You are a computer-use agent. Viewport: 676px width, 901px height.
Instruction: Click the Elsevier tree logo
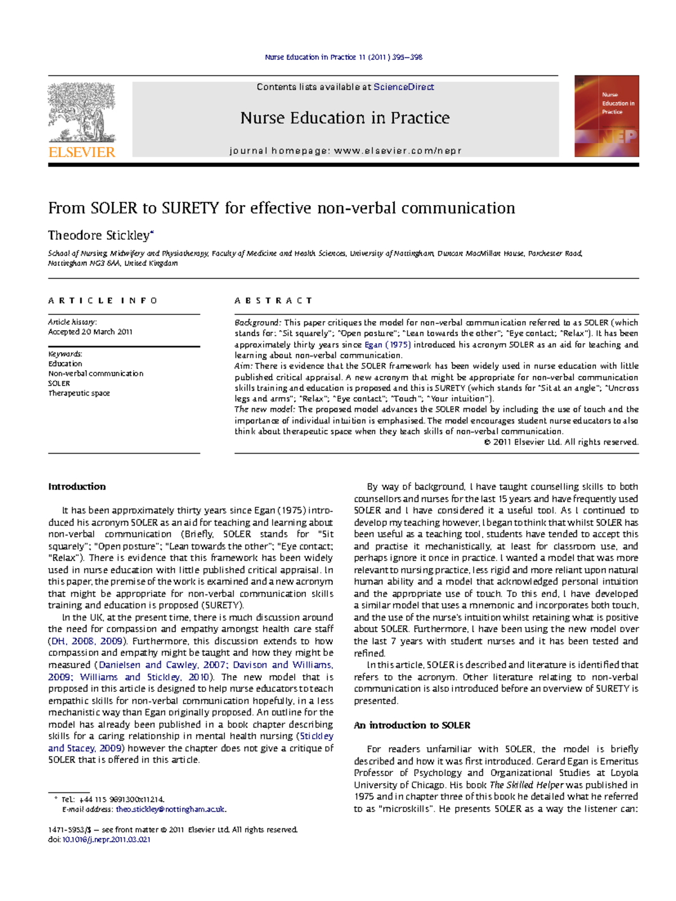(82, 113)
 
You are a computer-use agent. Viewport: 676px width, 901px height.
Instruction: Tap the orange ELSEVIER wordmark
(82, 152)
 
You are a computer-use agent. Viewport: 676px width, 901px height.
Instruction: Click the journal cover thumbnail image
(606, 116)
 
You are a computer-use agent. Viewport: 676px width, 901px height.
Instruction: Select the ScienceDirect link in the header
(403, 87)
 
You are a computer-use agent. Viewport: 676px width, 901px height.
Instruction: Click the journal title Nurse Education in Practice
(345, 118)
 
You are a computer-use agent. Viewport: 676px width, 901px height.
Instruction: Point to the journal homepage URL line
(345, 151)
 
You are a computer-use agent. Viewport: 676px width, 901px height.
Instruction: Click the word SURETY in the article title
(190, 208)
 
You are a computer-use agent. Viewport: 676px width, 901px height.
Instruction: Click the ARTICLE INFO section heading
(103, 301)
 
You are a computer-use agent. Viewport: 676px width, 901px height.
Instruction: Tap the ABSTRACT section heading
(273, 301)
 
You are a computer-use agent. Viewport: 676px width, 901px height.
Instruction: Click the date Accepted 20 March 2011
(90, 332)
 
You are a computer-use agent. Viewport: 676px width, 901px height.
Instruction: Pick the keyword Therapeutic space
(79, 393)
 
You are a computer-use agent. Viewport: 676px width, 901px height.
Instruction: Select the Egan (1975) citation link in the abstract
(388, 345)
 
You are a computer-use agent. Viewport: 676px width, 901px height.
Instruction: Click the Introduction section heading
(77, 487)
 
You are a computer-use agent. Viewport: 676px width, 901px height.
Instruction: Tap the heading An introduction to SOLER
(412, 726)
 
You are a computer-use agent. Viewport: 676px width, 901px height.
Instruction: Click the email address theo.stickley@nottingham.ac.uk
(171, 809)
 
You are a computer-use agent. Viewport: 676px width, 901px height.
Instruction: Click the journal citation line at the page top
(344, 57)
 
